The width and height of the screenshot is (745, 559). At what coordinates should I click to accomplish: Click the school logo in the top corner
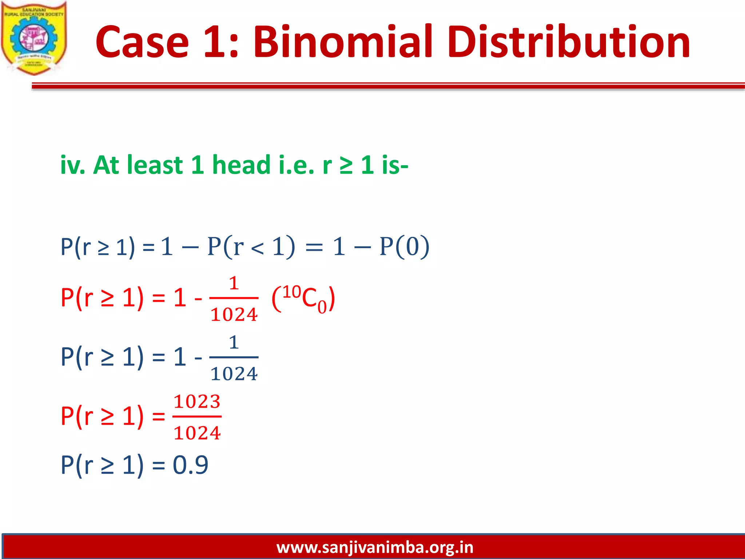click(x=34, y=38)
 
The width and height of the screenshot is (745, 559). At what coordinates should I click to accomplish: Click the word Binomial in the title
click(x=342, y=42)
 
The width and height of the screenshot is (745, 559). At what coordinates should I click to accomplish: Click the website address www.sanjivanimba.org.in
click(x=375, y=547)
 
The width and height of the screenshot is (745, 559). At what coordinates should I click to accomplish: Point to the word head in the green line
click(x=241, y=165)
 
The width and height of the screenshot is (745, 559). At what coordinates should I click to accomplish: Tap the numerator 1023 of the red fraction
click(x=197, y=401)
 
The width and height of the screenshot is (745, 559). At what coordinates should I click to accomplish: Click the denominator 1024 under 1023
click(x=197, y=433)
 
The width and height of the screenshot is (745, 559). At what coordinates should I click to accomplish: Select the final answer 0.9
click(x=190, y=465)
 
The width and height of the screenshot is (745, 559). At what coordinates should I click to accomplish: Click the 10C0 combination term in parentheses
click(x=304, y=298)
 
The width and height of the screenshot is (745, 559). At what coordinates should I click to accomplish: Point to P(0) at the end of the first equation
click(x=404, y=247)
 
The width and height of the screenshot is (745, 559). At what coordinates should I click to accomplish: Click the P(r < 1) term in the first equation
click(x=251, y=247)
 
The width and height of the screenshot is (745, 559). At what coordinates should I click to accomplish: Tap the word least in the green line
click(x=156, y=165)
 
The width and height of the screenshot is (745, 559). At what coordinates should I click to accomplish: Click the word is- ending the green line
click(x=395, y=165)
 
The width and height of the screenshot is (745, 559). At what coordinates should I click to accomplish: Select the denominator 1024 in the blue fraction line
click(x=234, y=374)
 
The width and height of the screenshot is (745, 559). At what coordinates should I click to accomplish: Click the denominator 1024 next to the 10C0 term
click(x=234, y=314)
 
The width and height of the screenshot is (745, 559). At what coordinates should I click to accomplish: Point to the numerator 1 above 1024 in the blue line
click(x=234, y=342)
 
